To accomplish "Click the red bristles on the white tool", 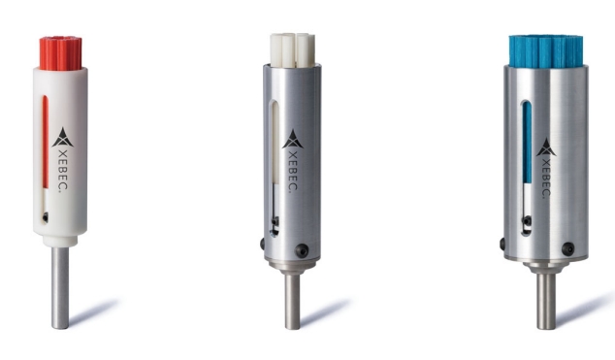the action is pos(61,53).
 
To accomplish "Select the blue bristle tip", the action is pos(545,51).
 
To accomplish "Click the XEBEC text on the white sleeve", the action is pos(62,169).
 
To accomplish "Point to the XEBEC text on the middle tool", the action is pos(292,171).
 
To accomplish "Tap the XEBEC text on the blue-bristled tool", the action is pos(546,178).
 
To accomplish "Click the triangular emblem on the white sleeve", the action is pos(62,137).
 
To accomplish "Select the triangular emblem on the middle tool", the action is pos(293,139).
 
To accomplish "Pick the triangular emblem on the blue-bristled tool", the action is pos(546,147).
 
